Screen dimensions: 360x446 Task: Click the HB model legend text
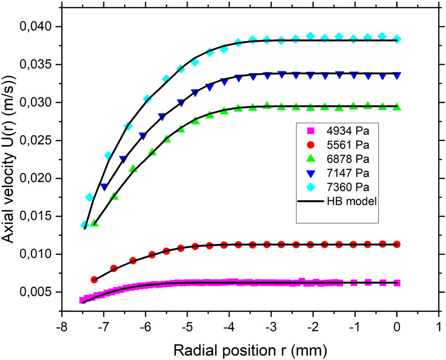(x=350, y=201)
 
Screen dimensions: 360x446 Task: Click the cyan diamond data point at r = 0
(x=397, y=39)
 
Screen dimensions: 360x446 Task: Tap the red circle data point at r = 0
(x=397, y=244)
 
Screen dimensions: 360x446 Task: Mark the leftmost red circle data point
(x=95, y=279)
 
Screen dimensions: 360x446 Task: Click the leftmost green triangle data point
(x=95, y=223)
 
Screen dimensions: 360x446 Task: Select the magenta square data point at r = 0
(x=397, y=283)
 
